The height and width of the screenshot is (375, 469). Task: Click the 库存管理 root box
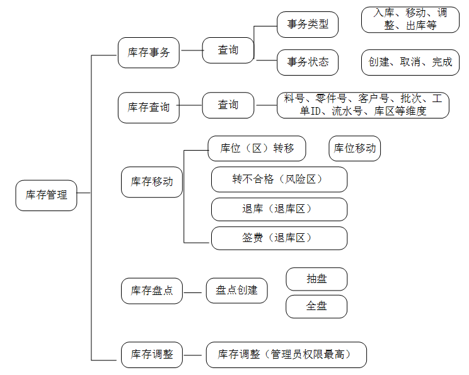click(47, 195)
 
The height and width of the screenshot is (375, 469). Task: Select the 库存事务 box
click(149, 53)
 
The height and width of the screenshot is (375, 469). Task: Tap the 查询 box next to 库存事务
click(228, 50)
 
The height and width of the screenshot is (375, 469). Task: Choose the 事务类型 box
click(308, 25)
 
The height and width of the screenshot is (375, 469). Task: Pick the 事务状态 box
click(308, 62)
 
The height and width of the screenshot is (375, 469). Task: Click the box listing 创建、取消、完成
click(410, 62)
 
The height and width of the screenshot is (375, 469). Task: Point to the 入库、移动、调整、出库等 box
click(410, 20)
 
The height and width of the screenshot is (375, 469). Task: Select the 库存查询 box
click(149, 108)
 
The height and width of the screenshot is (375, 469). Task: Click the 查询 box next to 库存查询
click(228, 105)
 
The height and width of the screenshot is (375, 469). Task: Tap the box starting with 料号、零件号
click(363, 105)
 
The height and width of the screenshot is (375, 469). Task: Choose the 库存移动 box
click(152, 182)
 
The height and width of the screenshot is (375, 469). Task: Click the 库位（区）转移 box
click(257, 148)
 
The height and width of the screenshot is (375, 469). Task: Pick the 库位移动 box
click(355, 148)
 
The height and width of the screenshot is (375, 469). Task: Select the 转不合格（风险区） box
click(279, 180)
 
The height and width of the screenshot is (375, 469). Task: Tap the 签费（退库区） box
click(279, 238)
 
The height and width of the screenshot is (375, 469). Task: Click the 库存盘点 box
click(152, 291)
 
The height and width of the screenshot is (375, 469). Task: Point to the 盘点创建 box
click(237, 291)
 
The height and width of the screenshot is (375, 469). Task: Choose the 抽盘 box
click(316, 279)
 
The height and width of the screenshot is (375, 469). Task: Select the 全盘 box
click(316, 306)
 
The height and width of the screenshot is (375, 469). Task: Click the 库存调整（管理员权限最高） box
click(286, 355)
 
